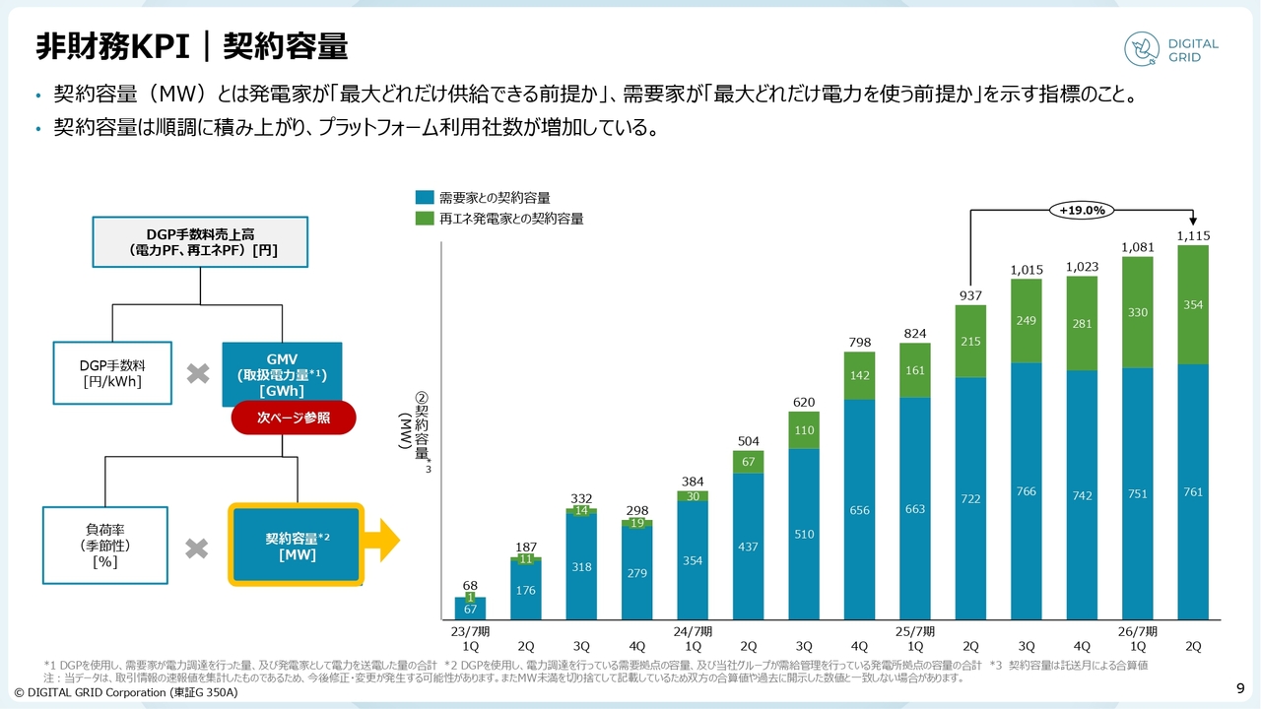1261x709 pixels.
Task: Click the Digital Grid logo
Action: point(1171,50)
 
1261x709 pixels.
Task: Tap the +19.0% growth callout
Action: point(1082,210)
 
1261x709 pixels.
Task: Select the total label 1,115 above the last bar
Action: point(1193,236)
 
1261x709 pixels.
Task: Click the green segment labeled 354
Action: point(1193,305)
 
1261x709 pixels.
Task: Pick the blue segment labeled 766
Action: point(1027,490)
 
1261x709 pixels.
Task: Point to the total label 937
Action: point(970,295)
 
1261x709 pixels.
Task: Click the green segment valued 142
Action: point(859,375)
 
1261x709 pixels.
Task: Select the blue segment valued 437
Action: point(748,547)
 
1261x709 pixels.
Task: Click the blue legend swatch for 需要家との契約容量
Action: point(425,198)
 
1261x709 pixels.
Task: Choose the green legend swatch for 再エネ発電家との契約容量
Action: point(425,219)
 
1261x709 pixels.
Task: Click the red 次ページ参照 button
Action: point(294,419)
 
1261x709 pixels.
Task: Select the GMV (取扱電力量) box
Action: point(282,374)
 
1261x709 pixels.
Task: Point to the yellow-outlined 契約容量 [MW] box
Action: point(297,545)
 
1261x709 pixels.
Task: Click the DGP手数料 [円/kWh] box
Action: point(112,374)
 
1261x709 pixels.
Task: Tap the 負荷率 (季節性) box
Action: point(105,545)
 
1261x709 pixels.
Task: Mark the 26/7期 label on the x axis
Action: point(1137,631)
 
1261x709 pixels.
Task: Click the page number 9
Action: point(1240,687)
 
